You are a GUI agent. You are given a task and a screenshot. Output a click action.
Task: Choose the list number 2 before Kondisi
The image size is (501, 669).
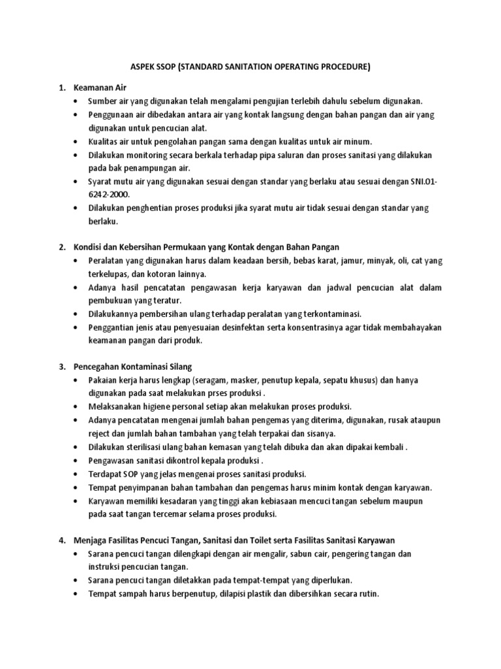[62, 246]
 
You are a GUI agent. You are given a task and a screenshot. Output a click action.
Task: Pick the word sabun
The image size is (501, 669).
[295, 553]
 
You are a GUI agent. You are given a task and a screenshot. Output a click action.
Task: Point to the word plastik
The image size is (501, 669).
[250, 594]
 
